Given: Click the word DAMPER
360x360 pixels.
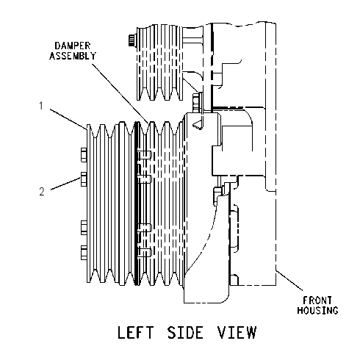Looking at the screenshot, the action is (73, 46).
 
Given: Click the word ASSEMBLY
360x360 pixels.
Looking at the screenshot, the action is (73, 56).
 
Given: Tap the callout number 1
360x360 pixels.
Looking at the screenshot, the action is (41, 106).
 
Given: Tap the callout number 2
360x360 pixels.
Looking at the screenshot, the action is (42, 191).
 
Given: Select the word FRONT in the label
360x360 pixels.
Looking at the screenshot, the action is (317, 300).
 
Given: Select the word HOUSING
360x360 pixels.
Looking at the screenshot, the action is (317, 310).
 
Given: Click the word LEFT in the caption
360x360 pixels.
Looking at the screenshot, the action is (136, 332).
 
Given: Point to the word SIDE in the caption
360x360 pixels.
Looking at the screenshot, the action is (185, 332).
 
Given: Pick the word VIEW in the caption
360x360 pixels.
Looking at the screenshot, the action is (237, 332).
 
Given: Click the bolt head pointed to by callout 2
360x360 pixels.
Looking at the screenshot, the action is (84, 179).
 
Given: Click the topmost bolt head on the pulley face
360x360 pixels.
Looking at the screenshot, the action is (84, 155).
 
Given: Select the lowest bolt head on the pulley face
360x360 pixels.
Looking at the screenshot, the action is (84, 253).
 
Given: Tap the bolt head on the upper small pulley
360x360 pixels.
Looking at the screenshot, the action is (132, 40).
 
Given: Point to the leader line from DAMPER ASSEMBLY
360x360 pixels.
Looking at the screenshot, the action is (120, 93).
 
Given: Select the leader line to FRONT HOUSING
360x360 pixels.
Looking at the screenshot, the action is (289, 280).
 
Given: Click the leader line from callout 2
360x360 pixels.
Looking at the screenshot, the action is (65, 184).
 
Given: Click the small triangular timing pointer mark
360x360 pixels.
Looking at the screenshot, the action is (198, 125).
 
